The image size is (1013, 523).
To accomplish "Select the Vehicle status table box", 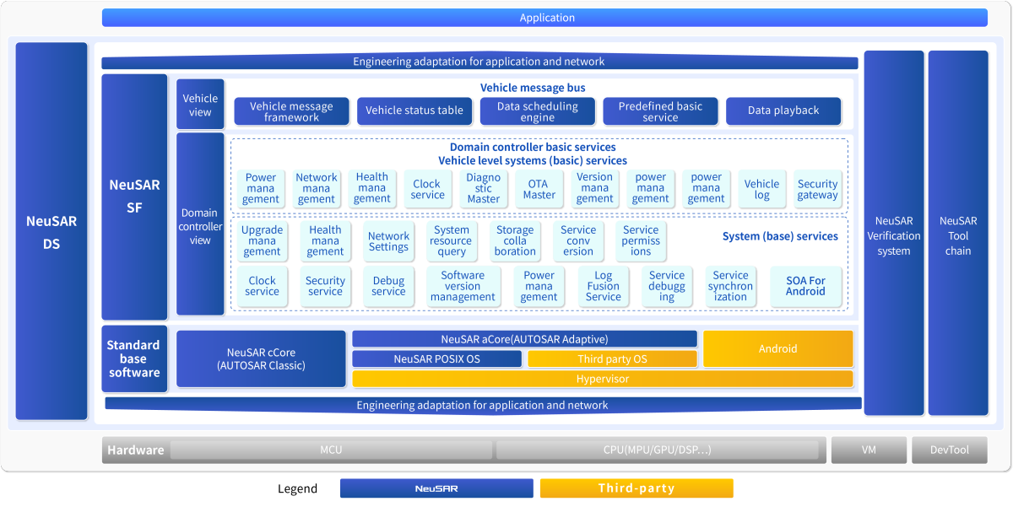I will pos(414,111).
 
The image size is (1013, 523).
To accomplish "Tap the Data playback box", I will pos(783,111).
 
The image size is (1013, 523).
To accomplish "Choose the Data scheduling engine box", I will pos(537,111).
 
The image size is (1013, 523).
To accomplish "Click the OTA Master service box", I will pos(539,189).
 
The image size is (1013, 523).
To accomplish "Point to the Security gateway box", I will pos(817,189).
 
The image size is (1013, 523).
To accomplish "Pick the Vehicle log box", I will pos(761,189).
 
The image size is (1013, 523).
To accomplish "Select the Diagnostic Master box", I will pos(484,189).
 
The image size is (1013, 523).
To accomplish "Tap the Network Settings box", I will pos(388,241).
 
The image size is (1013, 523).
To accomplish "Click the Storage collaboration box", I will pos(515,241).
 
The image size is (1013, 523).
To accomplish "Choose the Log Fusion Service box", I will pos(603,286).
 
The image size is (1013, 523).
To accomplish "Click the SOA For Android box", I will pos(805,286).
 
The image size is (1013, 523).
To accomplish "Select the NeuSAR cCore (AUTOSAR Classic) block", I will pos(261,359).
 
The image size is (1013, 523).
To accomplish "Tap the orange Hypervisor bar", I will pos(602,379).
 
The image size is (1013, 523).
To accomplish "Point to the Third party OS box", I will pos(613,359).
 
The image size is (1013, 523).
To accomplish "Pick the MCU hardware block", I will pos(331,450).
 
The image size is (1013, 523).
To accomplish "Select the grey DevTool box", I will pos(949,450).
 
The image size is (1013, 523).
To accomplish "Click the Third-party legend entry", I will pos(637,488).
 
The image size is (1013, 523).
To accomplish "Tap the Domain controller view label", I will pos(200,226).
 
